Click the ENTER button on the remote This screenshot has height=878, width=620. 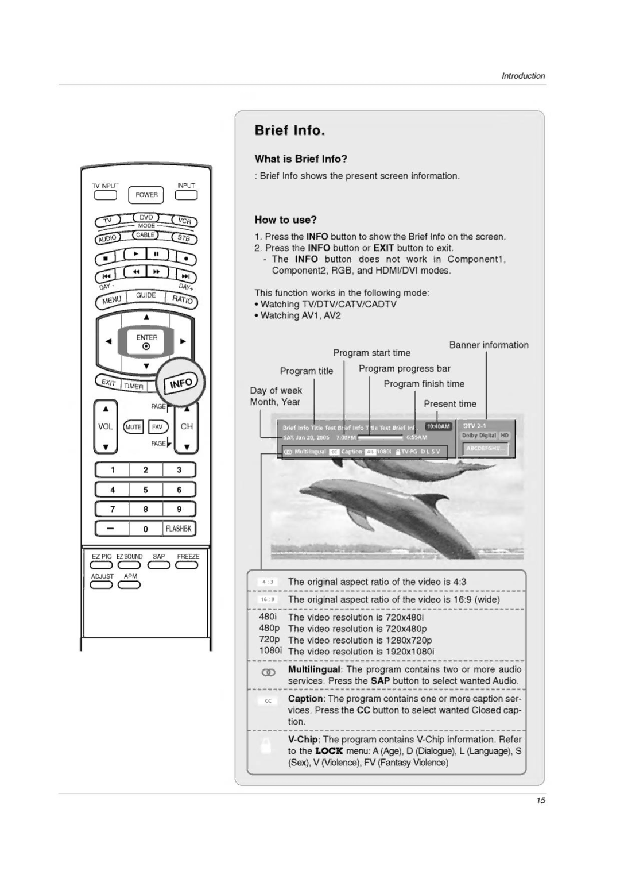coord(146,341)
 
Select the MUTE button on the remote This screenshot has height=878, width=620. coord(133,427)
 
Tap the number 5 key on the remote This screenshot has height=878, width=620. coord(146,490)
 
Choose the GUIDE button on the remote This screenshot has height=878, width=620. coord(146,295)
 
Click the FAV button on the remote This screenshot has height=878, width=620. coord(157,427)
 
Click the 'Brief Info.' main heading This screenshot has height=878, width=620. coord(290,130)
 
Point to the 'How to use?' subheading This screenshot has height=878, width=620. coord(285,219)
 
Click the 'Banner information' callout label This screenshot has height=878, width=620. coord(489,345)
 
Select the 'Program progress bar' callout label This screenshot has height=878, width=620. coord(404,368)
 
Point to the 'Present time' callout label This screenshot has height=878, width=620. coord(449,404)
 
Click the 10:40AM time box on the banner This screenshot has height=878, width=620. coord(438,426)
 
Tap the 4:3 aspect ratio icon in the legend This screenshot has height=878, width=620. coord(268,582)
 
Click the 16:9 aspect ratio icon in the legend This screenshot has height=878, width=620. coord(268,599)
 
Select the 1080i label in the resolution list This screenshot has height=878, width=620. coord(270,650)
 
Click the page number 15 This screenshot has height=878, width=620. coord(540,800)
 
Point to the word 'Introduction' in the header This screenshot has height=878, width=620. coord(523,76)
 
